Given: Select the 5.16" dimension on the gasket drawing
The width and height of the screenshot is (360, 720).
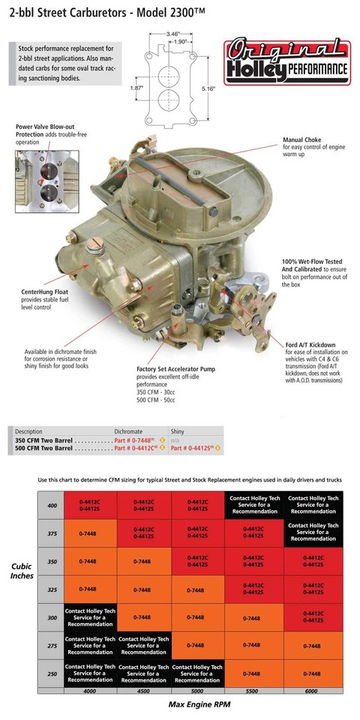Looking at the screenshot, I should [208, 88].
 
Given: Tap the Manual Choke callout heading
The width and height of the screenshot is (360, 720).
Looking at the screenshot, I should [303, 139].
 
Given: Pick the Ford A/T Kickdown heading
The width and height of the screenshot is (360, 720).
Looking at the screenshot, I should [310, 344].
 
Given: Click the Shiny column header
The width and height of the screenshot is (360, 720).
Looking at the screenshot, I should [178, 432].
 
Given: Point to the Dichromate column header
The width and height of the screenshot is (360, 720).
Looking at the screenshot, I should [127, 432].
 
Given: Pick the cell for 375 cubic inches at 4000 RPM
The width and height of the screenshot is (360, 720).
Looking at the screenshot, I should [89, 533].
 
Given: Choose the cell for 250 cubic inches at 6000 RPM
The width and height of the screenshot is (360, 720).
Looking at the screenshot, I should [311, 673].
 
